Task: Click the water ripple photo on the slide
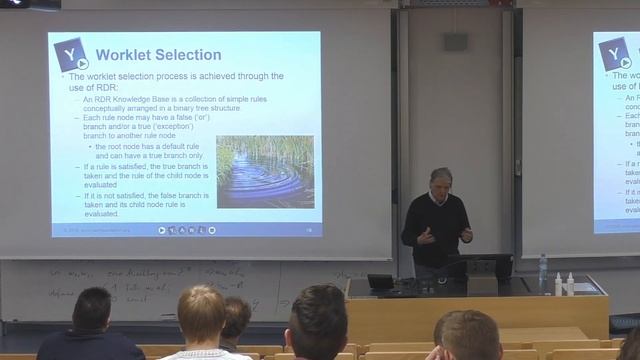click(x=264, y=171)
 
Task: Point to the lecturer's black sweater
click(x=436, y=225)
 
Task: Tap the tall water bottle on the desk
click(x=543, y=271)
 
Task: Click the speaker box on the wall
click(x=455, y=42)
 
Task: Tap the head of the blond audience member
click(x=201, y=313)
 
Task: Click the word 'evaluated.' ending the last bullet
click(x=103, y=213)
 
